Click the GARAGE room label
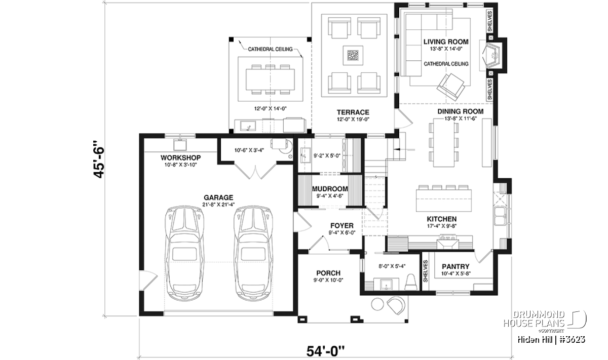click(218, 197)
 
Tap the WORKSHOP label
click(180, 157)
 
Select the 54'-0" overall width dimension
click(325, 351)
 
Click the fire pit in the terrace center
click(353, 55)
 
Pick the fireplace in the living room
click(492, 56)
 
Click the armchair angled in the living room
click(450, 87)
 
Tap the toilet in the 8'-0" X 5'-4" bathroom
click(411, 283)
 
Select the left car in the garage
click(184, 254)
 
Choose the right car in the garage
click(253, 254)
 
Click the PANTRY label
click(455, 267)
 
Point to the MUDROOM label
click(330, 189)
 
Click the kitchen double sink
click(500, 216)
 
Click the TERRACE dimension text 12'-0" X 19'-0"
click(353, 119)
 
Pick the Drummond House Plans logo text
click(534, 319)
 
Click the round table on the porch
click(377, 304)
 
